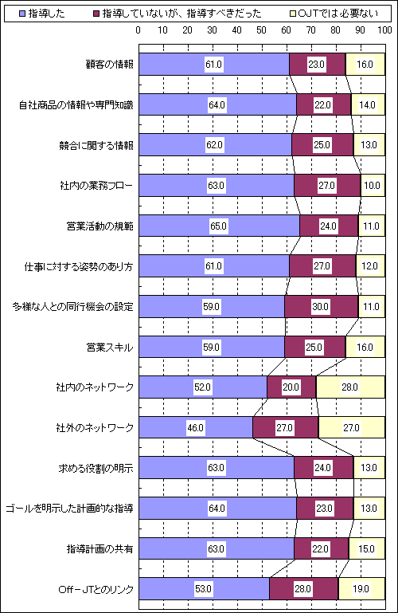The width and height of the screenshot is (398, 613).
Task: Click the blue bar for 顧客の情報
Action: click(x=214, y=64)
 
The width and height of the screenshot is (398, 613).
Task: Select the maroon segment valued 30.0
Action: click(x=321, y=306)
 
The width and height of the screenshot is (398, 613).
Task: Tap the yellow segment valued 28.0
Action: click(x=350, y=387)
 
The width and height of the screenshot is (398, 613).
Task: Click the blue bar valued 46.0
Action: click(x=196, y=427)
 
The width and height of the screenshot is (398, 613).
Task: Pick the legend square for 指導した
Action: click(x=22, y=14)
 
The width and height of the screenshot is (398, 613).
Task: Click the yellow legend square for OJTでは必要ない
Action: click(x=292, y=14)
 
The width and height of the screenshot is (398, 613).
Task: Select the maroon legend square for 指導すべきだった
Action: click(x=96, y=14)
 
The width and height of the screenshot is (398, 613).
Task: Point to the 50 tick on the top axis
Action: click(x=261, y=30)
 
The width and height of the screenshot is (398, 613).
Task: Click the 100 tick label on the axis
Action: click(x=384, y=30)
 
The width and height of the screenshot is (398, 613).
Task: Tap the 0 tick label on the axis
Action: click(x=139, y=30)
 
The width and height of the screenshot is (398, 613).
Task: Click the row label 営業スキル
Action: click(x=110, y=348)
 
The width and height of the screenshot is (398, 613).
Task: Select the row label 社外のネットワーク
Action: click(x=95, y=428)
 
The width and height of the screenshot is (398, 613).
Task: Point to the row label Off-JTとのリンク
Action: click(x=96, y=589)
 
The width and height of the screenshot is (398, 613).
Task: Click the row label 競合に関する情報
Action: click(x=96, y=145)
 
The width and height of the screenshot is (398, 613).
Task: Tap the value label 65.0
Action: click(x=218, y=226)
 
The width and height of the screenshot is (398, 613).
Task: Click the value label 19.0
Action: click(x=361, y=589)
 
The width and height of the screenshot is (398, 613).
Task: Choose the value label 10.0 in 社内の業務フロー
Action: click(x=372, y=185)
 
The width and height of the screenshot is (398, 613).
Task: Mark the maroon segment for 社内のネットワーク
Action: click(x=291, y=387)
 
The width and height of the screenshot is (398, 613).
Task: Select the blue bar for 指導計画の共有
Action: click(x=217, y=548)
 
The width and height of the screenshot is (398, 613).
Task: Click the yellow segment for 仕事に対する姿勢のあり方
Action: click(x=370, y=265)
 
